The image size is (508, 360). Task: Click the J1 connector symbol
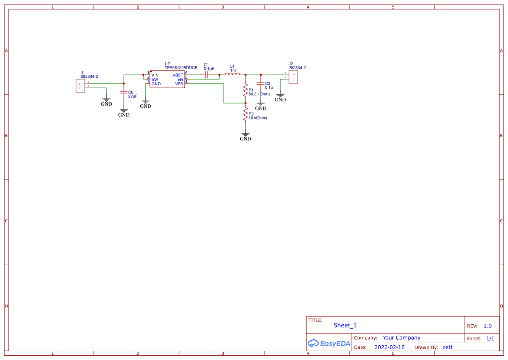[x=80, y=86]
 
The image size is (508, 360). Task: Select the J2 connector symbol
[x=293, y=77]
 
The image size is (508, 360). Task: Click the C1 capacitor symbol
[x=206, y=75]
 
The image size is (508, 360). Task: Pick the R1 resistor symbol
[x=246, y=90]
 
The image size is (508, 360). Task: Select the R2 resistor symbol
[x=246, y=114]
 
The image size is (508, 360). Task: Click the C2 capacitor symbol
[x=261, y=83]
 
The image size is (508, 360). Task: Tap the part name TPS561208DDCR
[x=181, y=68]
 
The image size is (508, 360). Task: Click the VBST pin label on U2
[x=178, y=75]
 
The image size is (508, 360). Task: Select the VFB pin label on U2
[x=179, y=84]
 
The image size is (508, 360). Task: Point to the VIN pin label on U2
[x=155, y=75]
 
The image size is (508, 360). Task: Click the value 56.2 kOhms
[x=259, y=94]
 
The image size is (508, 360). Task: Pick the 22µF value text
[x=133, y=96]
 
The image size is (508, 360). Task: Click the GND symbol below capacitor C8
[x=124, y=113]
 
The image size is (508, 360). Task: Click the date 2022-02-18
[x=389, y=347]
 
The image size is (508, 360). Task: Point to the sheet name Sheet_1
[x=345, y=325]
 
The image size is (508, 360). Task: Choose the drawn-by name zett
[x=448, y=347]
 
